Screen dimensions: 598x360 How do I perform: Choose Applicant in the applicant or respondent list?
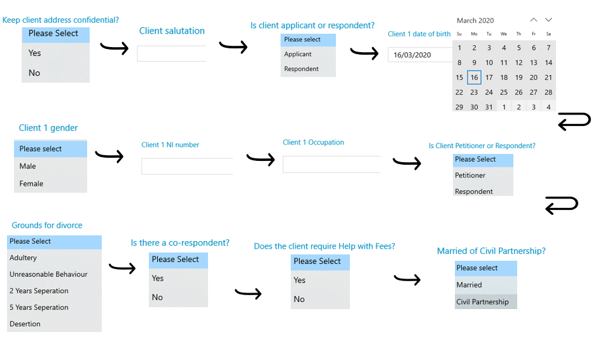click(x=298, y=54)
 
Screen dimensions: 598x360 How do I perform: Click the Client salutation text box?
click(x=172, y=53)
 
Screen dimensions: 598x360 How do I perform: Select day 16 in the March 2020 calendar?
click(x=474, y=78)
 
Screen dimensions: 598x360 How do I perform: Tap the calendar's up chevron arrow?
click(x=534, y=20)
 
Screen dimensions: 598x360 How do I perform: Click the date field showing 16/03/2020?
click(x=420, y=55)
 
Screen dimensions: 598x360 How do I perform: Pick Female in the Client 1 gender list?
click(x=31, y=183)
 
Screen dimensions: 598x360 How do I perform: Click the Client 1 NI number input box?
click(x=187, y=166)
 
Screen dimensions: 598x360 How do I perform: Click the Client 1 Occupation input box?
click(x=331, y=164)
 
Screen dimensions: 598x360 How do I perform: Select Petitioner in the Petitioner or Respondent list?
click(x=470, y=176)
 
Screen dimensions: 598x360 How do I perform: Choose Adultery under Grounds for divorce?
click(x=23, y=258)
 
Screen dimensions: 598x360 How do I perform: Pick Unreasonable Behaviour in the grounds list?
click(x=48, y=274)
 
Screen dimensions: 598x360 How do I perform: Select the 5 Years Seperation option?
click(x=39, y=307)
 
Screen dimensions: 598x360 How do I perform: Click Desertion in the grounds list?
click(x=25, y=324)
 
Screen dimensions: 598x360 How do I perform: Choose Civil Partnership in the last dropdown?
click(x=482, y=301)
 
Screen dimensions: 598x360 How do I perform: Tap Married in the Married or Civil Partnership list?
click(x=469, y=285)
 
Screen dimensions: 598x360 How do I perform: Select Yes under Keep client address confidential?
click(x=34, y=53)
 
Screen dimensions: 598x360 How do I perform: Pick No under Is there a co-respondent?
click(x=157, y=297)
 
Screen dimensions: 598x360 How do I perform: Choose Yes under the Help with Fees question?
click(x=300, y=280)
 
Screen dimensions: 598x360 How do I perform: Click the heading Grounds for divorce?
click(x=47, y=225)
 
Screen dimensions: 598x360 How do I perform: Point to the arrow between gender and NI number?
click(x=109, y=156)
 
